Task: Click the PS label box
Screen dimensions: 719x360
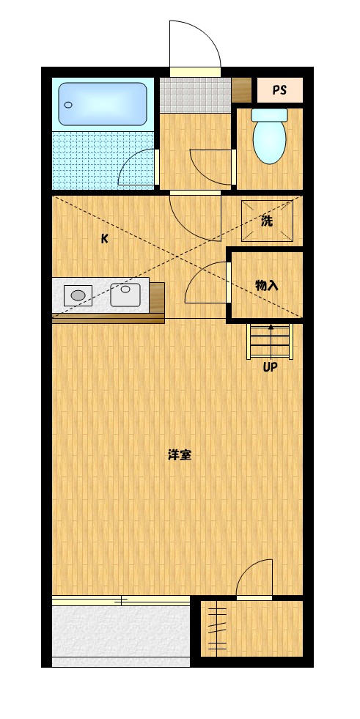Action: pyautogui.click(x=279, y=90)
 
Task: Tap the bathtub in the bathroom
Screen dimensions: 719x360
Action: pyautogui.click(x=103, y=103)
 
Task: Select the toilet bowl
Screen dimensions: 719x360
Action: pyautogui.click(x=269, y=142)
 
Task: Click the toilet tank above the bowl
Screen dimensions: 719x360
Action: pyautogui.click(x=269, y=114)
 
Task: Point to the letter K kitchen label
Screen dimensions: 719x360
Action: pyautogui.click(x=105, y=238)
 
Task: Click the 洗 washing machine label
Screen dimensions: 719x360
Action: pyautogui.click(x=268, y=221)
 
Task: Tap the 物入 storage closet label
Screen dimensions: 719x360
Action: pyautogui.click(x=266, y=285)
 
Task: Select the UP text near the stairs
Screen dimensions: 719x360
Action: pyautogui.click(x=270, y=368)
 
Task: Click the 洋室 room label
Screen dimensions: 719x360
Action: pyautogui.click(x=180, y=454)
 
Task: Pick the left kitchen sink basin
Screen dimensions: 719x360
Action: pyautogui.click(x=78, y=295)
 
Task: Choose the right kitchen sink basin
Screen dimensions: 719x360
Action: pyautogui.click(x=125, y=295)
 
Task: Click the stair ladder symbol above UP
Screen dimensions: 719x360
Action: pyautogui.click(x=270, y=341)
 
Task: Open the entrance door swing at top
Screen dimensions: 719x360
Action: pyautogui.click(x=192, y=44)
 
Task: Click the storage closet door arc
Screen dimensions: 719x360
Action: pyautogui.click(x=205, y=284)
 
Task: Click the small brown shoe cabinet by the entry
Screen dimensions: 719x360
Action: pyautogui.click(x=241, y=89)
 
